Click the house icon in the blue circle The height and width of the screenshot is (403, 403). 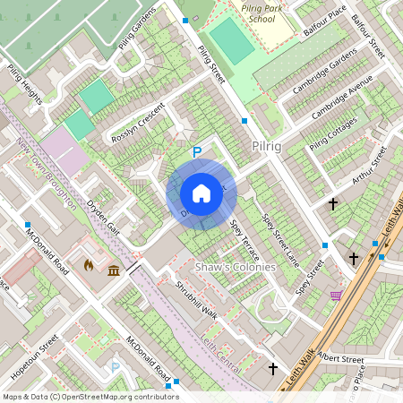pos(201,193)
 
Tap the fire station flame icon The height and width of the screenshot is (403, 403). pos(88,266)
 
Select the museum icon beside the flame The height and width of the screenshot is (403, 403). pos(114,270)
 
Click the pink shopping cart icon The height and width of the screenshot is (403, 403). pos(336,296)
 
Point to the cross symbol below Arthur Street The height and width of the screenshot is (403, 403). pos(333,204)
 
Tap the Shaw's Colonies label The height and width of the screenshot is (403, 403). pos(230,267)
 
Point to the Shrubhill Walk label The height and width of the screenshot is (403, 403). pos(196,299)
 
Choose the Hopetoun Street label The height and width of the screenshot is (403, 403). pos(36,356)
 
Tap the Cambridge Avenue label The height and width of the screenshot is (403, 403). pos(342,105)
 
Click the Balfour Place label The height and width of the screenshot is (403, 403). pos(324,19)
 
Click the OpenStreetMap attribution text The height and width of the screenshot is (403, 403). pos(90,396)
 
